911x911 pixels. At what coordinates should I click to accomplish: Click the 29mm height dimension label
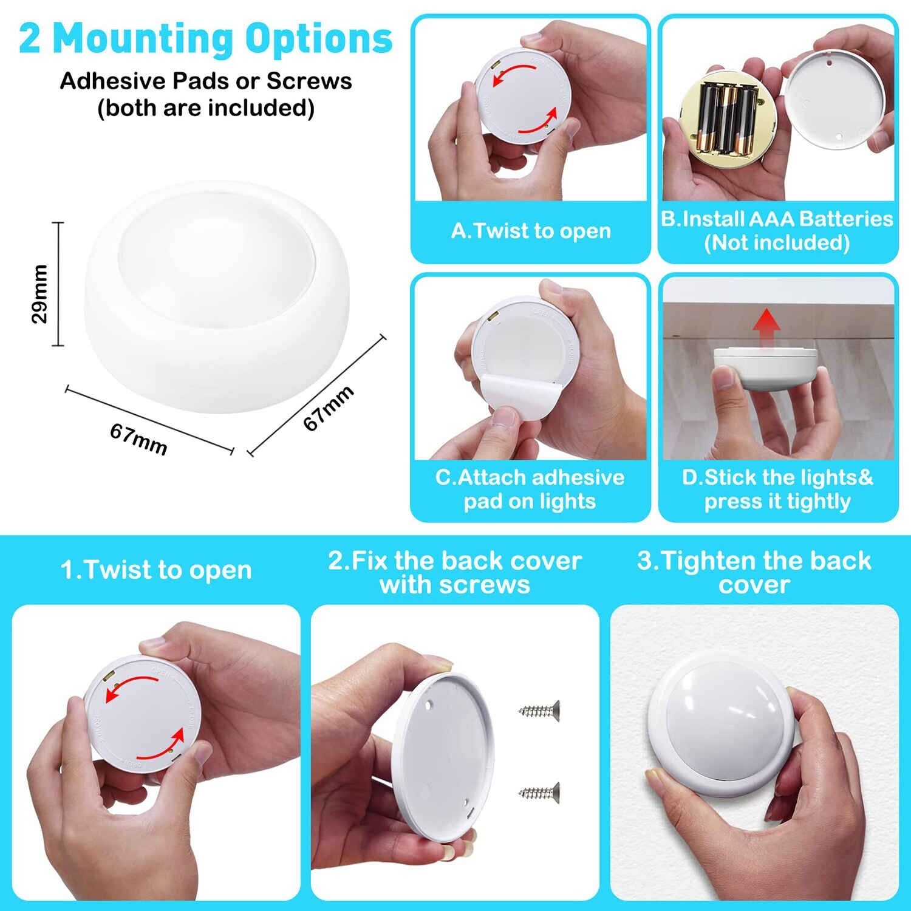click(x=39, y=294)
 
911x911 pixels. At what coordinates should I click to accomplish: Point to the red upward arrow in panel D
click(x=766, y=327)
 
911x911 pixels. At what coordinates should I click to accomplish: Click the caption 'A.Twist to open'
click(x=531, y=231)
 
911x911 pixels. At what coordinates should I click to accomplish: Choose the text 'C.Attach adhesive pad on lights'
click(x=530, y=489)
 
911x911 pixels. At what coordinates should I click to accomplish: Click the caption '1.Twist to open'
click(x=156, y=570)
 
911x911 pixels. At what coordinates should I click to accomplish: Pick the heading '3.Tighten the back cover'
click(x=754, y=572)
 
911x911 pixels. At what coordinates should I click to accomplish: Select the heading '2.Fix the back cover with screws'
click(x=455, y=572)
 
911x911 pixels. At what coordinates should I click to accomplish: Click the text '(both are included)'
click(x=206, y=108)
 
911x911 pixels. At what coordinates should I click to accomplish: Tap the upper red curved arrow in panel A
click(x=516, y=74)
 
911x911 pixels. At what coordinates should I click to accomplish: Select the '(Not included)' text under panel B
click(x=777, y=242)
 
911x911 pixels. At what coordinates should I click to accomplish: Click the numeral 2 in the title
click(x=30, y=39)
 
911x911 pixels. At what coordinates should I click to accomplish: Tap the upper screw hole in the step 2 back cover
click(x=429, y=706)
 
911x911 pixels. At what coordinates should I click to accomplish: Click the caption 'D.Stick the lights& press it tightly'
click(x=777, y=489)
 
